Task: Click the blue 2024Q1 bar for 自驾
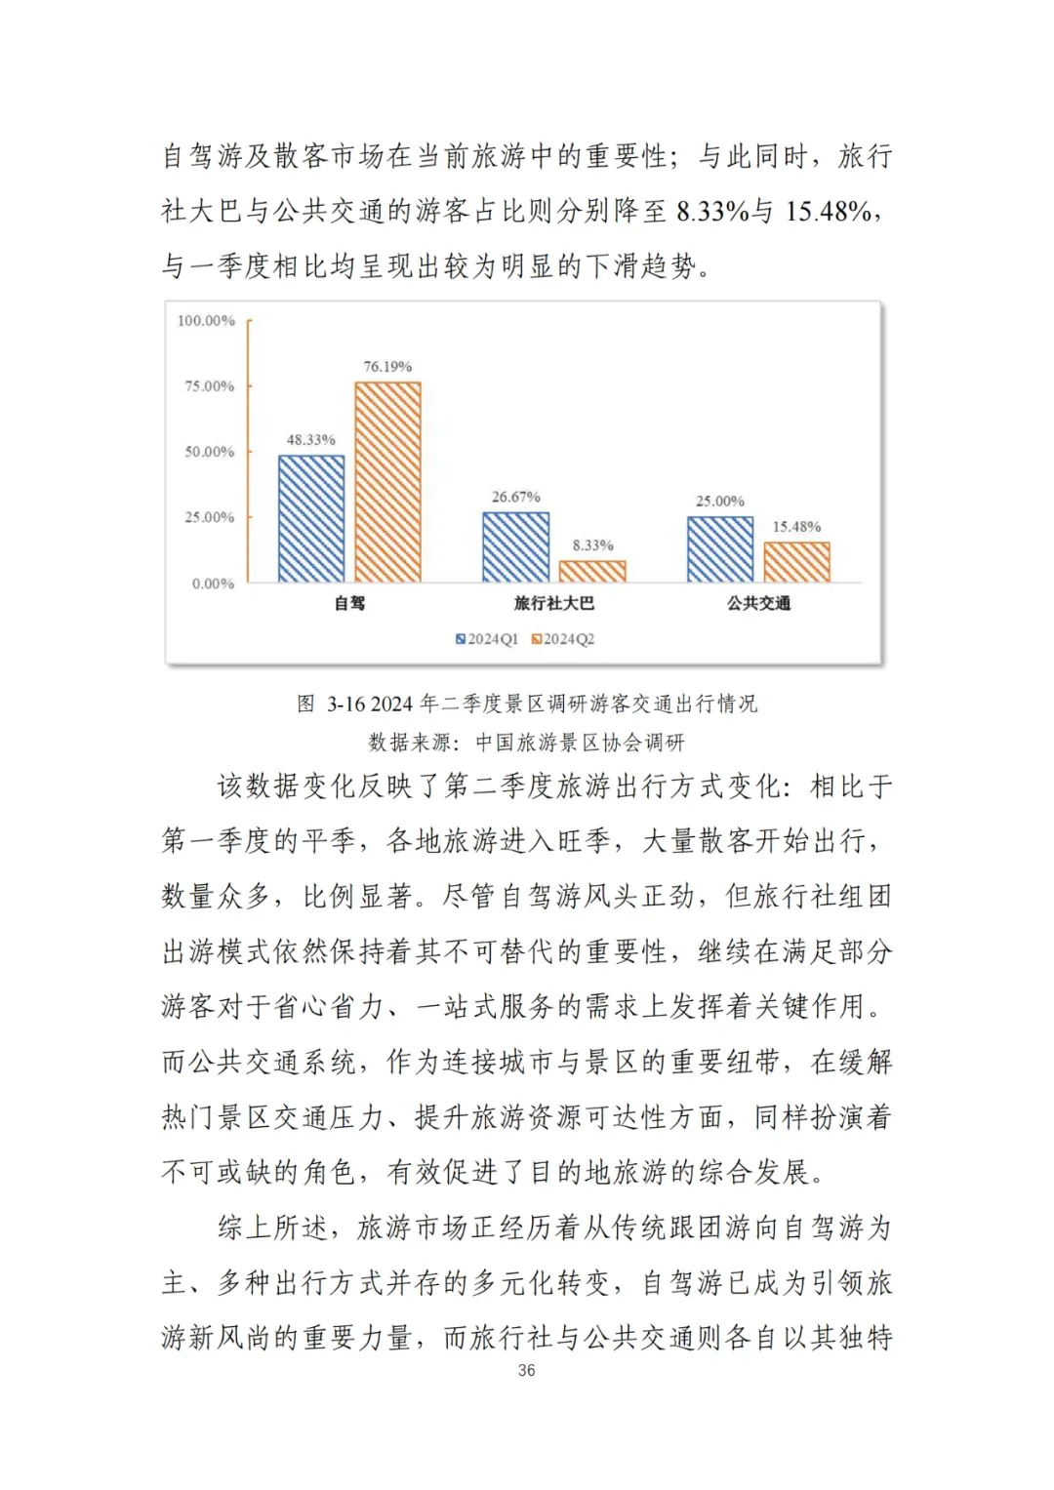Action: tap(311, 519)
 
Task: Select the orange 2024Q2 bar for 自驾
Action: tap(387, 482)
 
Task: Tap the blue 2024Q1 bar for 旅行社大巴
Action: tap(515, 547)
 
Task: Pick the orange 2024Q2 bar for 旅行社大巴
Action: tap(592, 571)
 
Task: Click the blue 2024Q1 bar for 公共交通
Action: tap(720, 549)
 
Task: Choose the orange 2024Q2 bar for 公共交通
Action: tap(796, 562)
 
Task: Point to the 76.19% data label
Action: tap(387, 367)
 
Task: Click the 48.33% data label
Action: tap(310, 440)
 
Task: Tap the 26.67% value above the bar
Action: tap(515, 497)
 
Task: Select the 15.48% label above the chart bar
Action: tap(796, 527)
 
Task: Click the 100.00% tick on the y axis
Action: tap(206, 321)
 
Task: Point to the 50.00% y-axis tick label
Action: tap(209, 452)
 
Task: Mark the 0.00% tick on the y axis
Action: tap(213, 584)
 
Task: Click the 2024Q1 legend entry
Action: tap(487, 639)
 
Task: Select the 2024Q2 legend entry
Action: tap(563, 639)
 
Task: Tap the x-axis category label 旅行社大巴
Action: tap(553, 603)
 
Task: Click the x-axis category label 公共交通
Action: tap(758, 603)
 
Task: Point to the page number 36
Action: tap(526, 1370)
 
